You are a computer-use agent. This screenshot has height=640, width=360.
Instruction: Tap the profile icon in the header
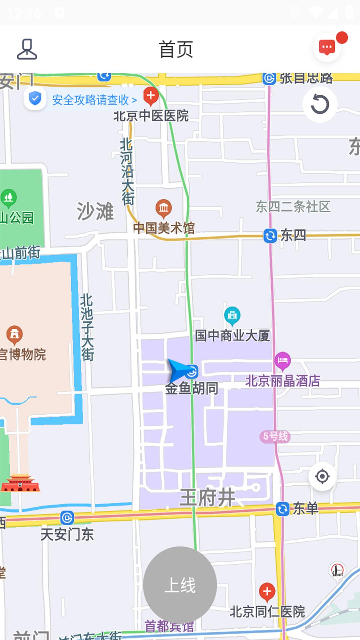(27, 49)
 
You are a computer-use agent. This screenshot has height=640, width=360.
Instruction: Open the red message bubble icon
(327, 48)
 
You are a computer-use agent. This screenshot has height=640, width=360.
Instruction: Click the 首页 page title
(176, 49)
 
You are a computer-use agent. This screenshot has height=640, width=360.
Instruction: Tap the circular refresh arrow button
(320, 104)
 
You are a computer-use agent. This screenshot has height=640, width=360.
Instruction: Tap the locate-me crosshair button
(322, 476)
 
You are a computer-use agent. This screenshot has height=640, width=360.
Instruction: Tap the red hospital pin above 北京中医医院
(151, 96)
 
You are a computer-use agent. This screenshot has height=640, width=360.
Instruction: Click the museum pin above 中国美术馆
(164, 208)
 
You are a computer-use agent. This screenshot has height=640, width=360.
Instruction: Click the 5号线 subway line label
(275, 436)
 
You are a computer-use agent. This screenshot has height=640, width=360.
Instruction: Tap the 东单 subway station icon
(283, 509)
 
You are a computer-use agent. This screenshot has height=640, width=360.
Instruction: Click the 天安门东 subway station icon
(67, 518)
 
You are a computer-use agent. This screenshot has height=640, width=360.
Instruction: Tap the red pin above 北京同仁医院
(267, 591)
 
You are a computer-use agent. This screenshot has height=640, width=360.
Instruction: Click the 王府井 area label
(207, 498)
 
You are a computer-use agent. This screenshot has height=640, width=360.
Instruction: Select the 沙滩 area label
(95, 211)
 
